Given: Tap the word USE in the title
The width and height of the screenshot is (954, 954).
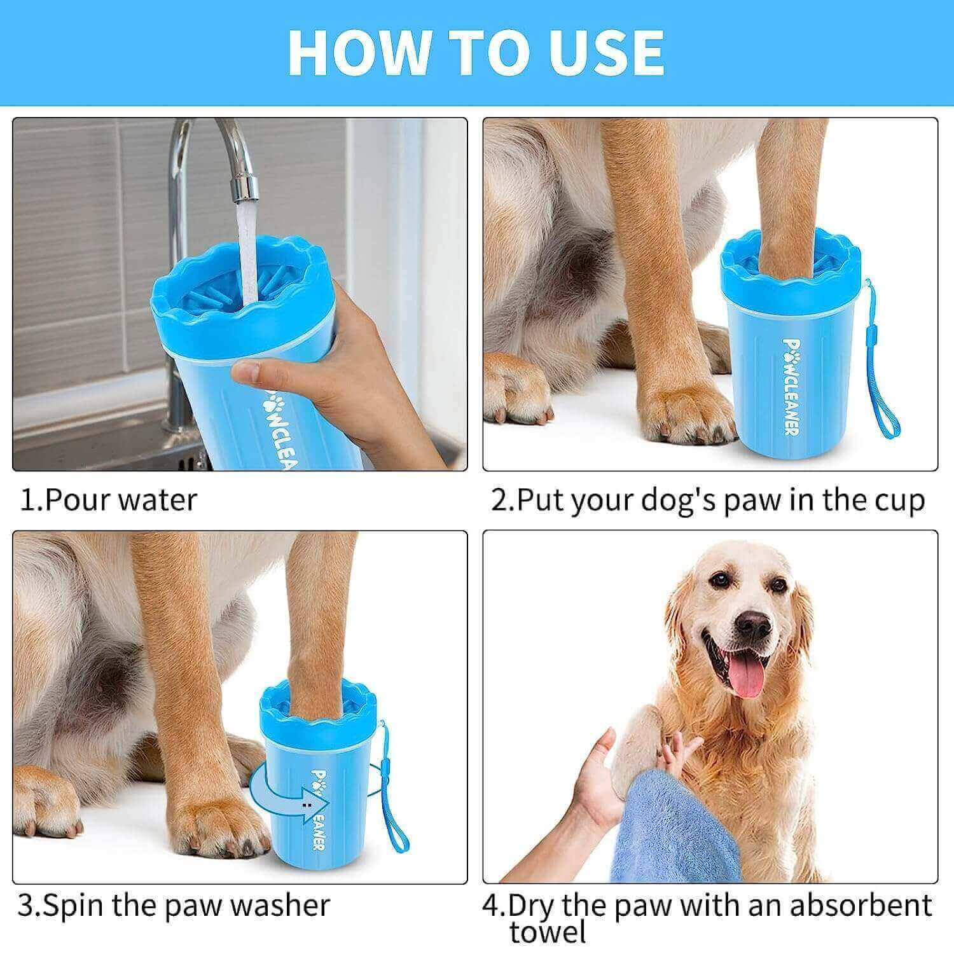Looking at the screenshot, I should coord(602,52).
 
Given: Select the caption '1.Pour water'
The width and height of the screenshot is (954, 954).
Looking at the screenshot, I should coord(108,500).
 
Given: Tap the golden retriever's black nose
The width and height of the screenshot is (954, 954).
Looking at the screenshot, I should coord(753,626).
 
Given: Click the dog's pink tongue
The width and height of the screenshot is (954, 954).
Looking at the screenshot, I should coord(745,677).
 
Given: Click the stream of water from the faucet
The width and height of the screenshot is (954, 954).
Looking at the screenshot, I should coord(245,254).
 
